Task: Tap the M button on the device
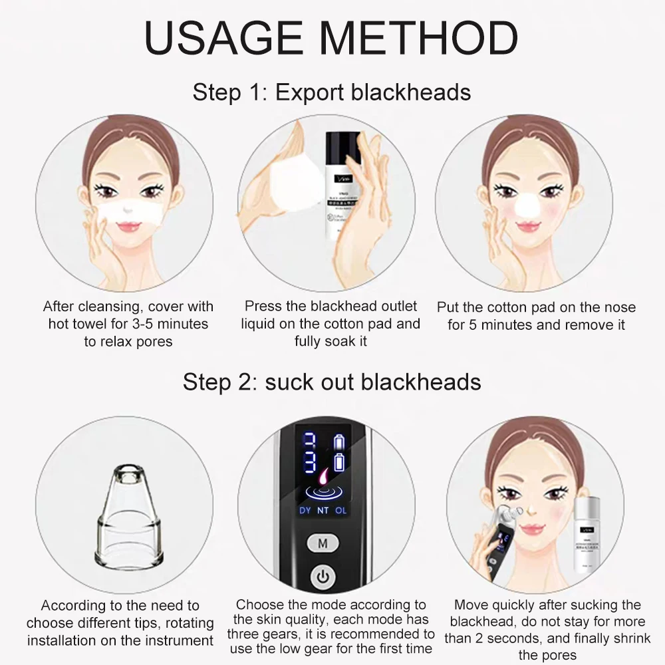[x=323, y=543]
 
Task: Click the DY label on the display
[x=305, y=511]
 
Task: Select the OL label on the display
[x=340, y=511]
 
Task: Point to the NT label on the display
[x=323, y=511]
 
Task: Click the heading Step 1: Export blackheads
[x=332, y=92]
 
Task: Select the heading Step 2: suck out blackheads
[x=332, y=382]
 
